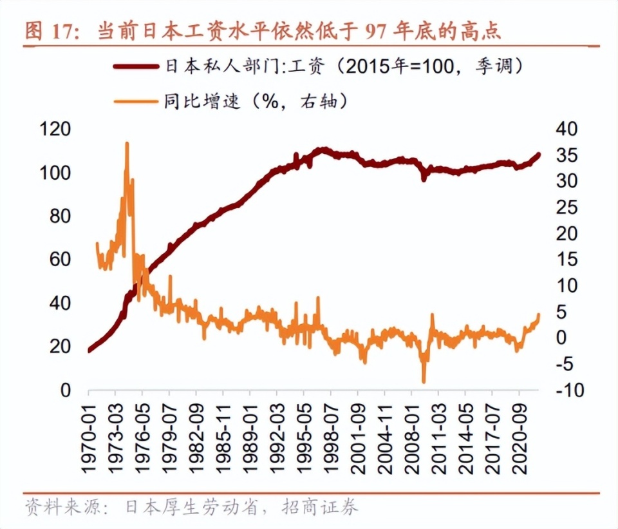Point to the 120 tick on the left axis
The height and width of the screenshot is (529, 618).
click(55, 130)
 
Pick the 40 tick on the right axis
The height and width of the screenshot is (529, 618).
click(566, 130)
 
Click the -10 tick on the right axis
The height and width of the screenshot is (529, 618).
click(564, 390)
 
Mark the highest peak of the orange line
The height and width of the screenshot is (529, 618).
click(127, 143)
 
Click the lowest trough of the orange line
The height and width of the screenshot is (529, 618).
click(424, 382)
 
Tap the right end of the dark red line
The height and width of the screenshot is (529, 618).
click(539, 155)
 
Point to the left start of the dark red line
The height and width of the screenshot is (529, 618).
click(89, 351)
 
